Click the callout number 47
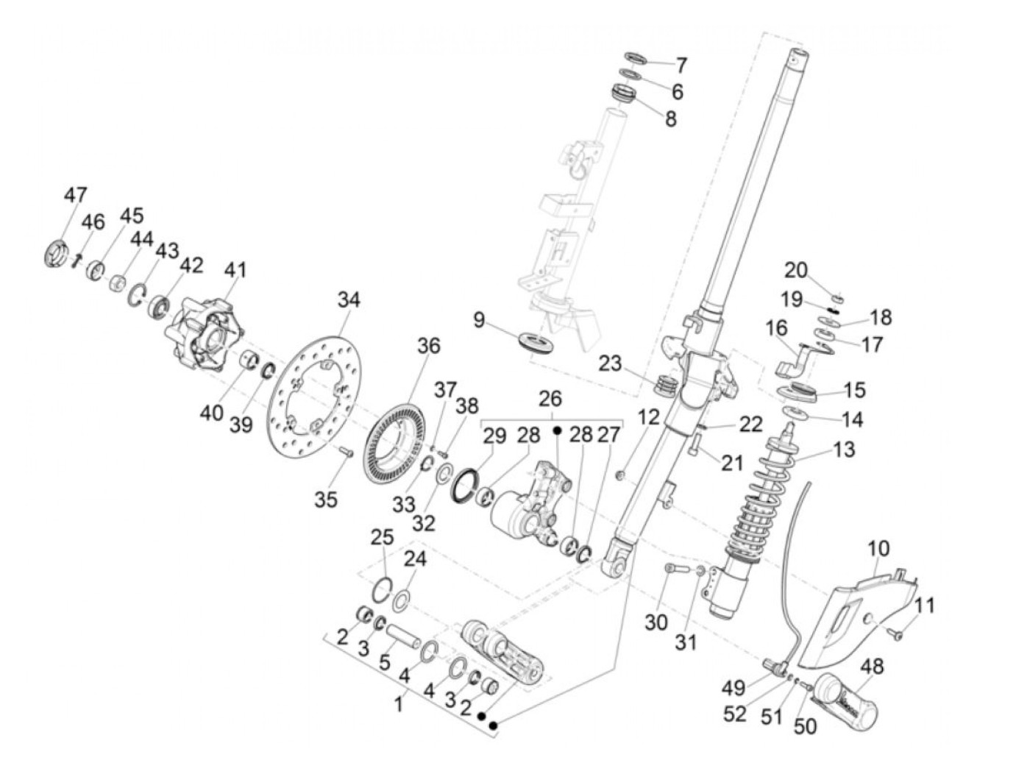click(75, 196)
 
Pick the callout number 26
click(550, 399)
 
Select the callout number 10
click(878, 548)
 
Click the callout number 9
click(479, 320)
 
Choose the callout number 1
click(398, 704)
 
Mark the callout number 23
click(610, 363)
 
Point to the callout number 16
click(775, 327)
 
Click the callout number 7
click(681, 65)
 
